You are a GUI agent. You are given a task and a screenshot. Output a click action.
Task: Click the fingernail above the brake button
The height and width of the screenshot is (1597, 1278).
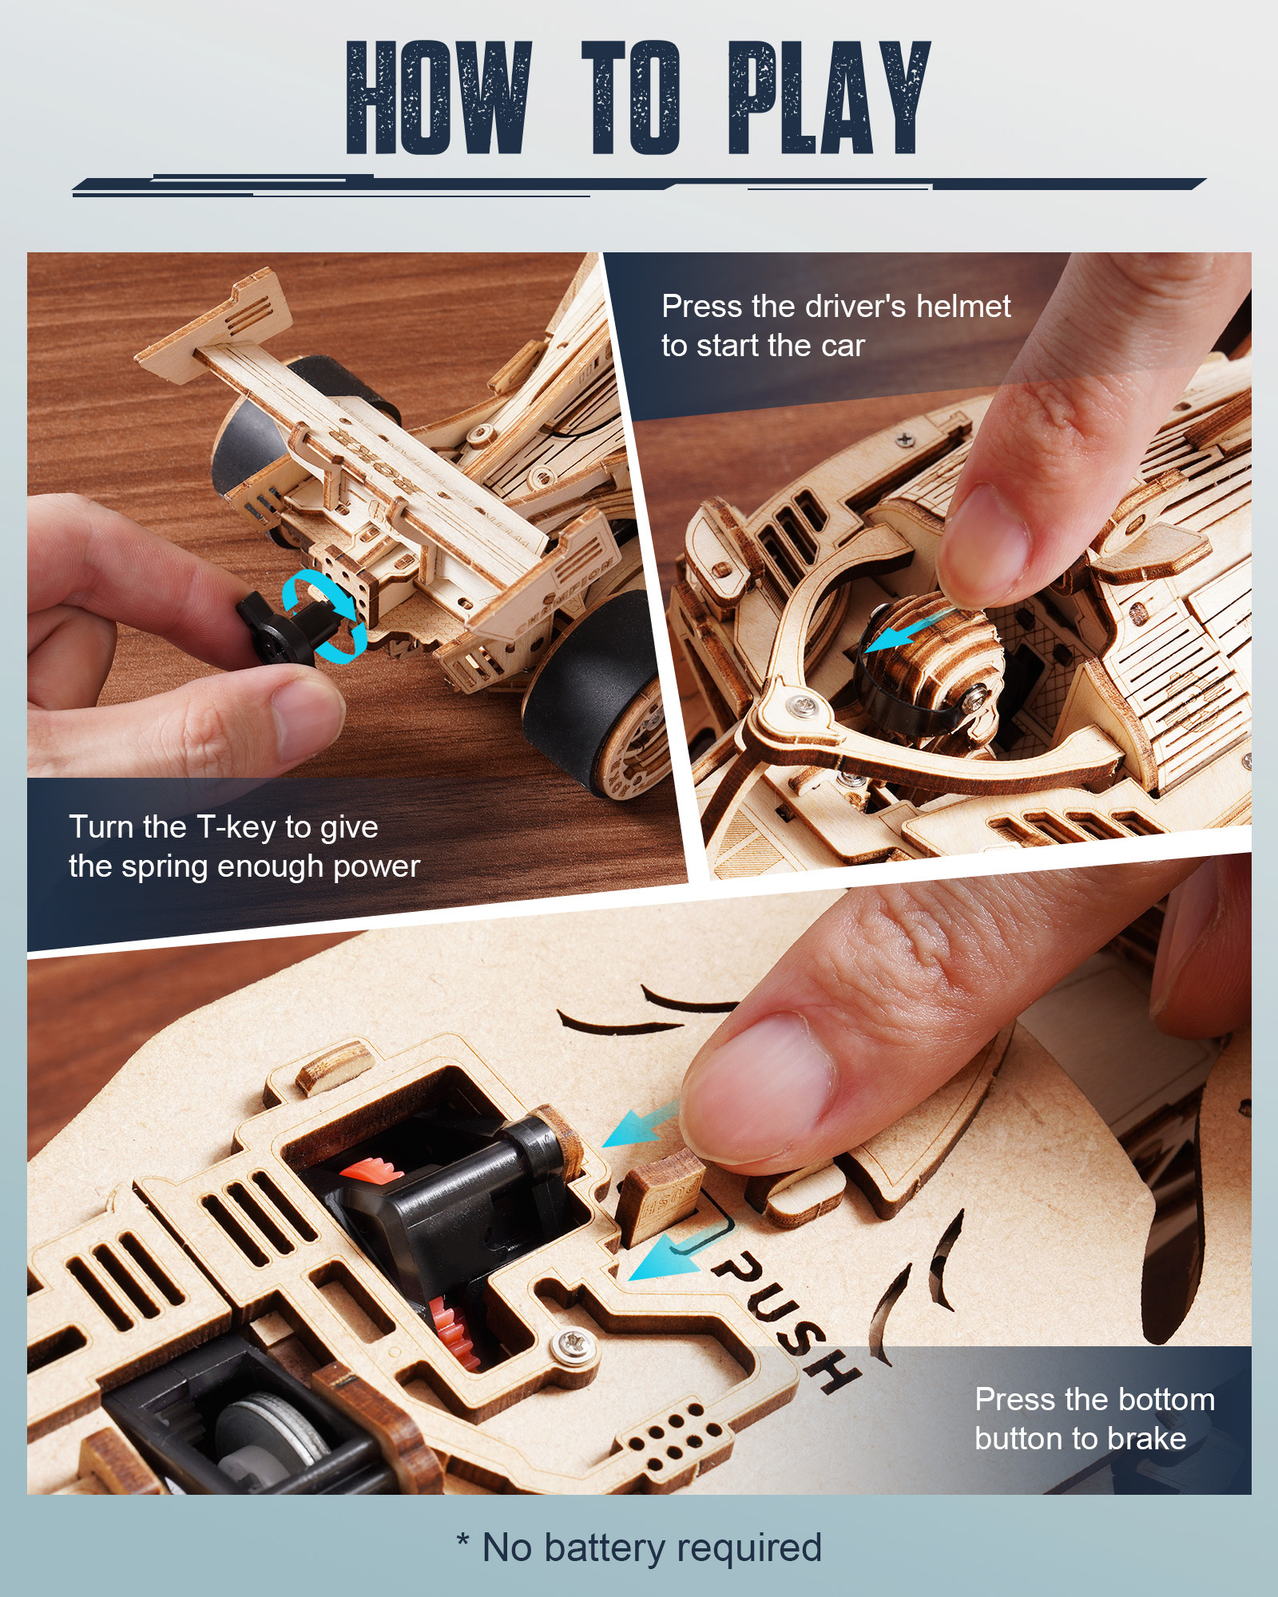pyautogui.click(x=755, y=1086)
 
